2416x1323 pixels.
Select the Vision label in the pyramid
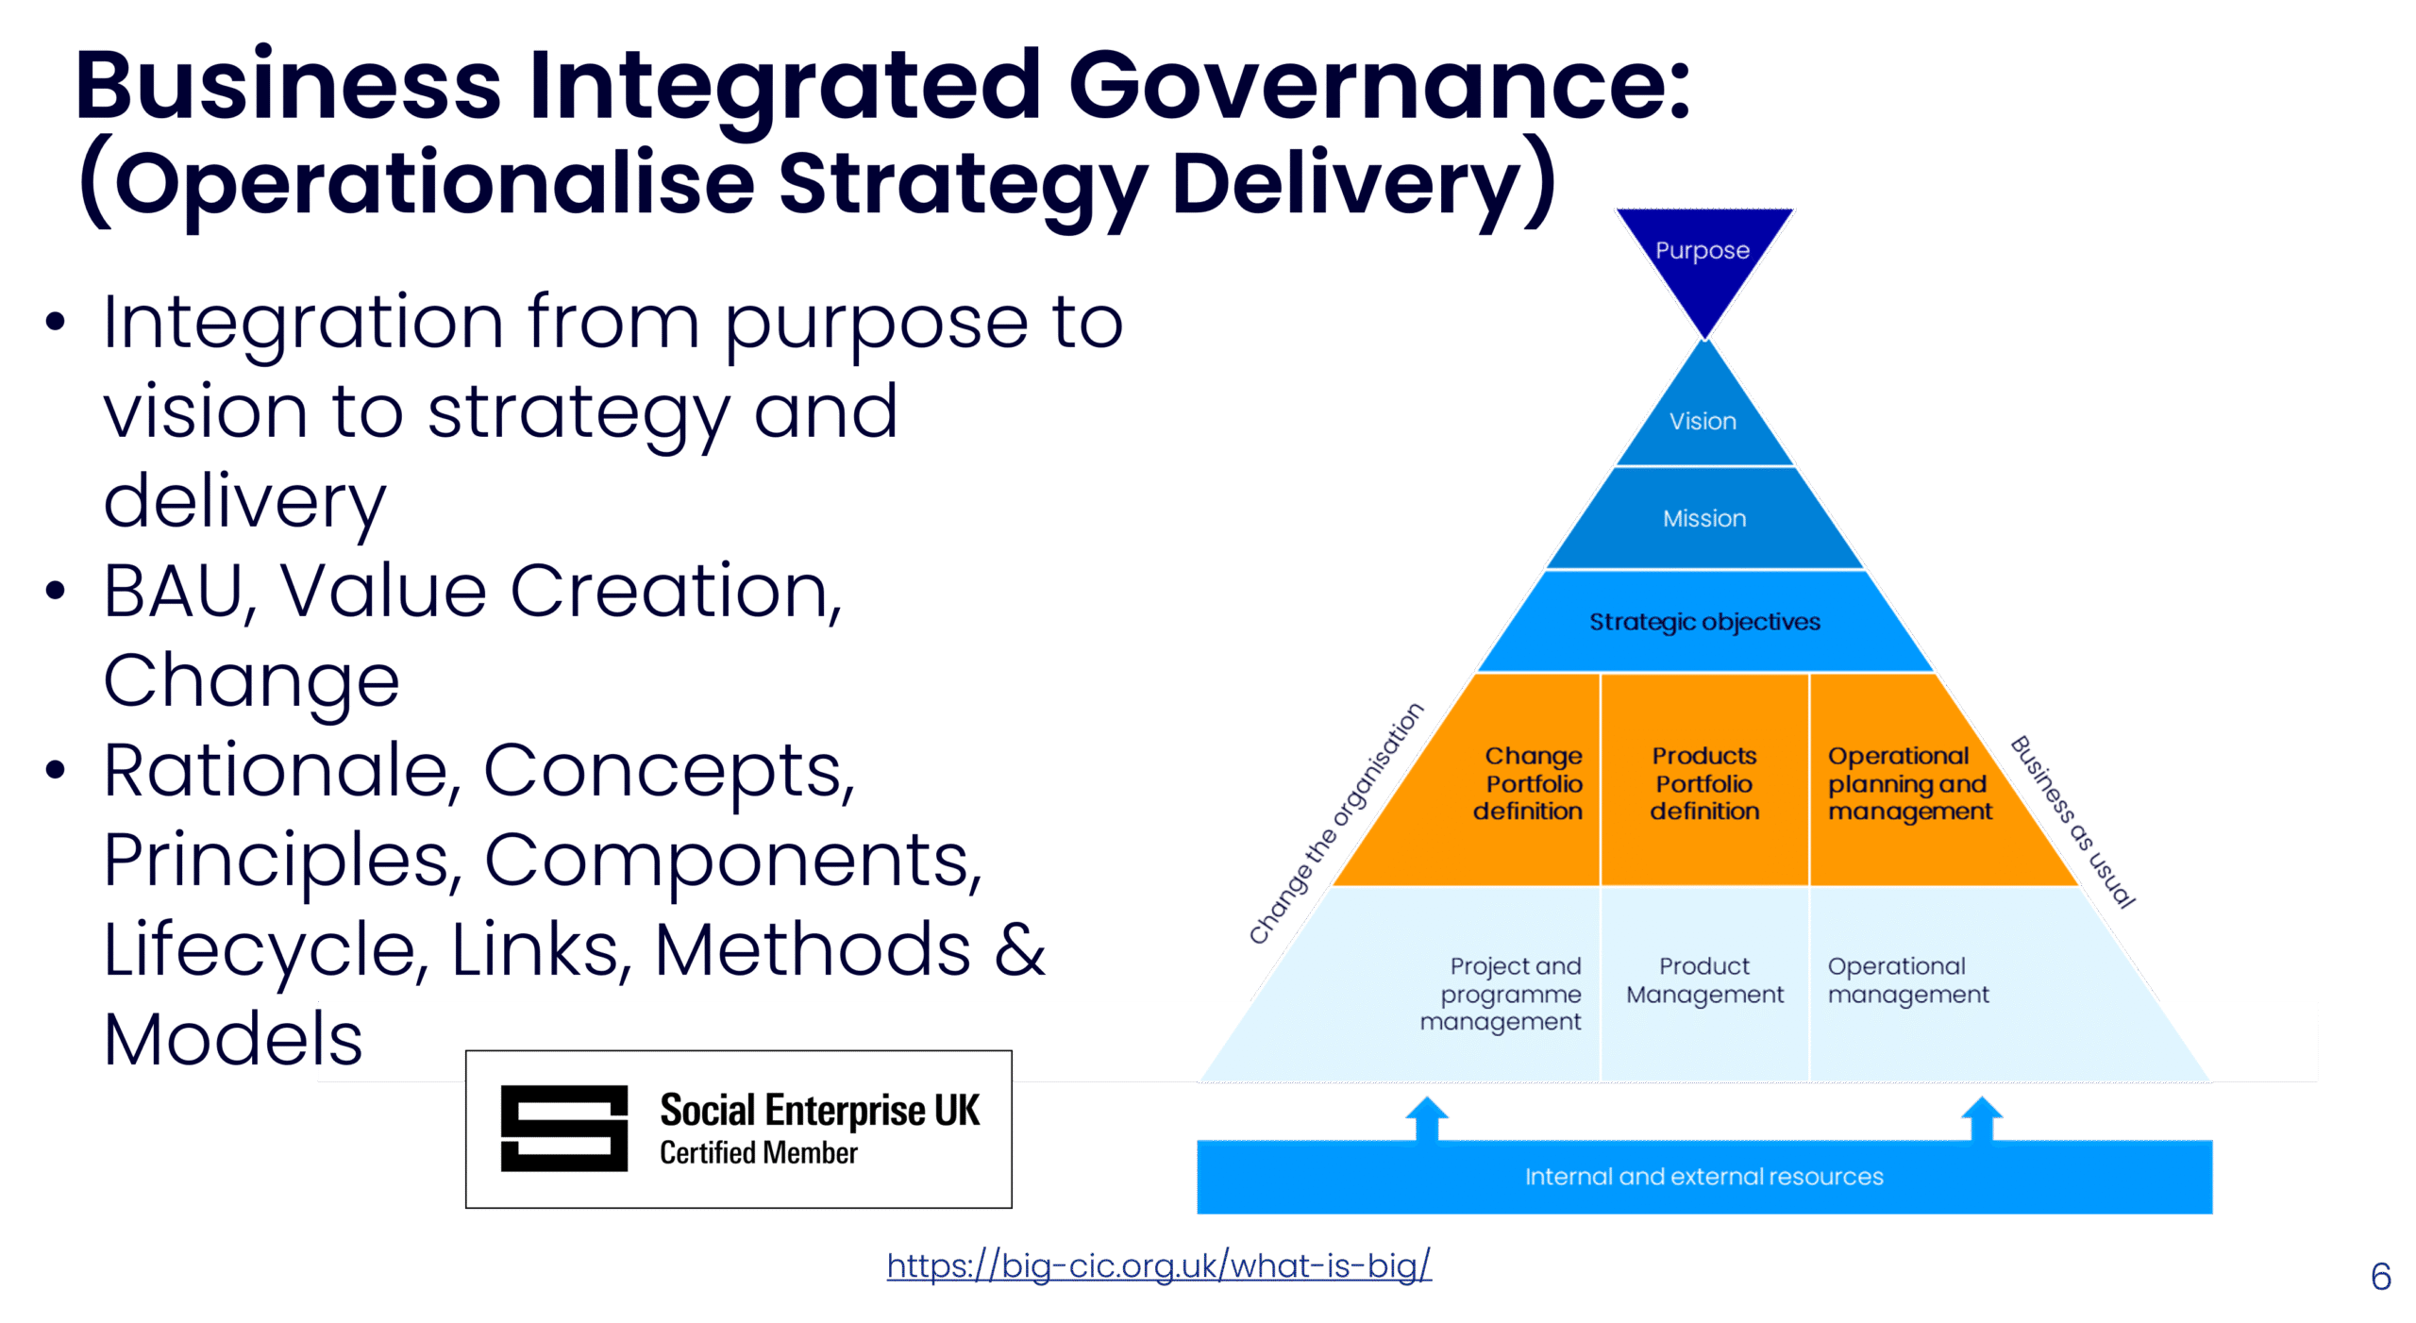[x=1703, y=421]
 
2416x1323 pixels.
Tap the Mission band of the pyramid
[x=1704, y=518]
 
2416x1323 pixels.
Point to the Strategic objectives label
[x=1704, y=622]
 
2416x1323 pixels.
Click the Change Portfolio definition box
[x=1529, y=783]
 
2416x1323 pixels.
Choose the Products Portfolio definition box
[x=1704, y=783]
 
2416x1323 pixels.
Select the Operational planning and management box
[x=1908, y=783]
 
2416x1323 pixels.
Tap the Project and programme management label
[x=1502, y=994]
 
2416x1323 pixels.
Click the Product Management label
[x=1704, y=980]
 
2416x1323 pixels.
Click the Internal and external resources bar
[x=1703, y=1177]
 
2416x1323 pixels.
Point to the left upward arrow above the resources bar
[x=1427, y=1118]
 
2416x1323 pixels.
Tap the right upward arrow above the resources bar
[x=1982, y=1118]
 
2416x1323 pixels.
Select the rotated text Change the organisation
[x=1335, y=824]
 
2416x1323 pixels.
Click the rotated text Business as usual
[x=2073, y=822]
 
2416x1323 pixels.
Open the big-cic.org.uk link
[x=1159, y=1265]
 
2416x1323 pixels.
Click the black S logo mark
[x=563, y=1129]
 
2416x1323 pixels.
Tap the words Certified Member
[x=758, y=1153]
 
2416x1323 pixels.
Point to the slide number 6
[x=2380, y=1277]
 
